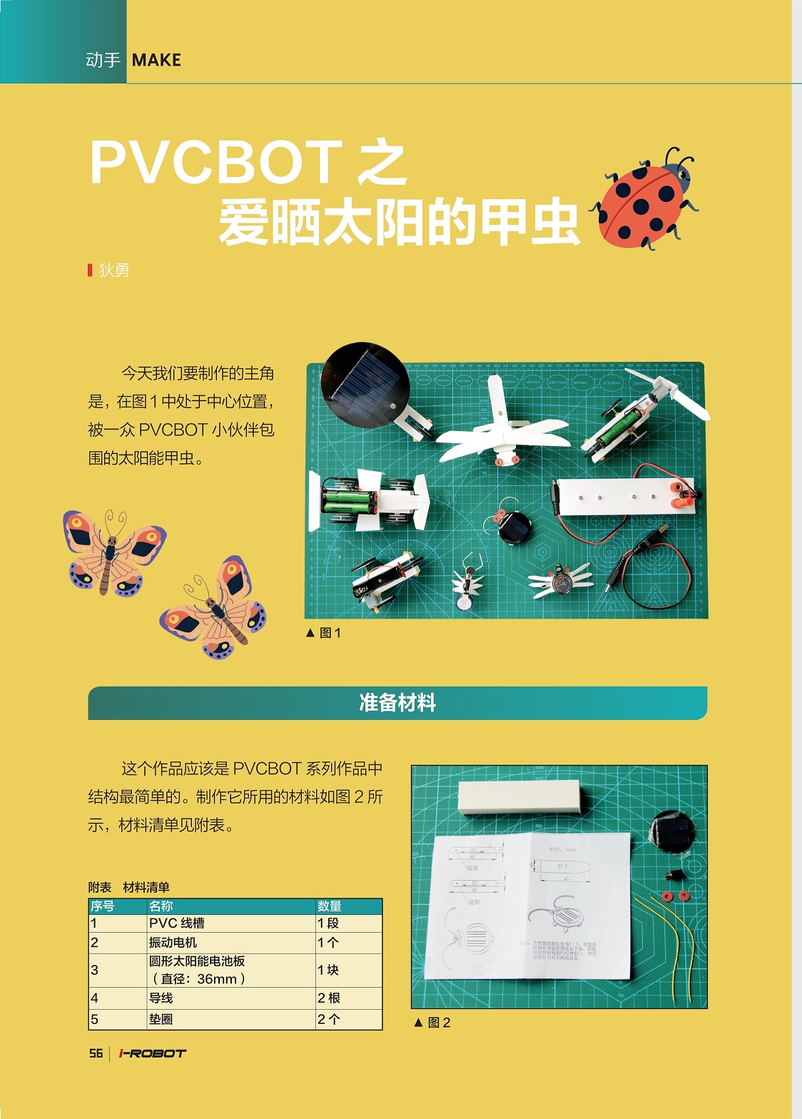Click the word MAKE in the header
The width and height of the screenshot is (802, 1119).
coord(156,61)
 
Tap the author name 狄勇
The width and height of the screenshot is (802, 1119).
coord(114,270)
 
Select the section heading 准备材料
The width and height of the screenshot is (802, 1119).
coord(397,703)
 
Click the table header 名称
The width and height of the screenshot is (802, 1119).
coord(161,906)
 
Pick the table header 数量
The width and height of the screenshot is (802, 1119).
coord(330,906)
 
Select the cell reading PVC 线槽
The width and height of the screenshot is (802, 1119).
coord(177,923)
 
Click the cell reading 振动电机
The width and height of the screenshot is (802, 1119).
coord(173,943)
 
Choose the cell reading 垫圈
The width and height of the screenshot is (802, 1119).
coord(161,1020)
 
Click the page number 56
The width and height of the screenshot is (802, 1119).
coord(96,1053)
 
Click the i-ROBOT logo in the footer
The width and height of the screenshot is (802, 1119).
coord(152,1053)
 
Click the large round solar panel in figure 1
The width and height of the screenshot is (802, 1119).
coord(365,383)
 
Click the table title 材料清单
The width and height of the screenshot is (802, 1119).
coord(146,888)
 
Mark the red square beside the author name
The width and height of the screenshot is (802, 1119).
coord(90,270)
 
